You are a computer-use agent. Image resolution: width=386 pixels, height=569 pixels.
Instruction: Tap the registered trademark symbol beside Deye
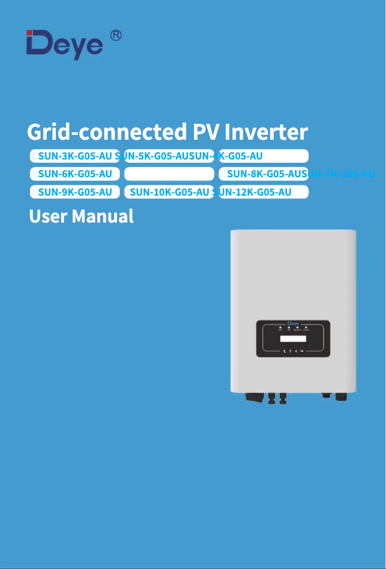116,36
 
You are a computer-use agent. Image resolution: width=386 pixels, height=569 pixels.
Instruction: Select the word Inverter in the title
266,132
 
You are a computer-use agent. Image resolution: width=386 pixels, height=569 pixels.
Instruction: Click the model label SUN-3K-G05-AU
75,156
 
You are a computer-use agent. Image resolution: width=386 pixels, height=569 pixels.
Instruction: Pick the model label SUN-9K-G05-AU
75,192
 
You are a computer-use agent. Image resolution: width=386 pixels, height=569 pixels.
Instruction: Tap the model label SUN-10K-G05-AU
169,192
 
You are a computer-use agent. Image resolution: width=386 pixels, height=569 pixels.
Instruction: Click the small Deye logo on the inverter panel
293,323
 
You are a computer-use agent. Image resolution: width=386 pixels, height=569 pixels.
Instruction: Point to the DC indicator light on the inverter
281,328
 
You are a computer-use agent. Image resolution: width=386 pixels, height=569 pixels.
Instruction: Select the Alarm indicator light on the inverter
306,328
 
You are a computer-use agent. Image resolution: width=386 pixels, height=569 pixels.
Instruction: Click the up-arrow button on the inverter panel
290,351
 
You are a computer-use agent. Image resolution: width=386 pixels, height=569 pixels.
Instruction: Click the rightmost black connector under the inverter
342,396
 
